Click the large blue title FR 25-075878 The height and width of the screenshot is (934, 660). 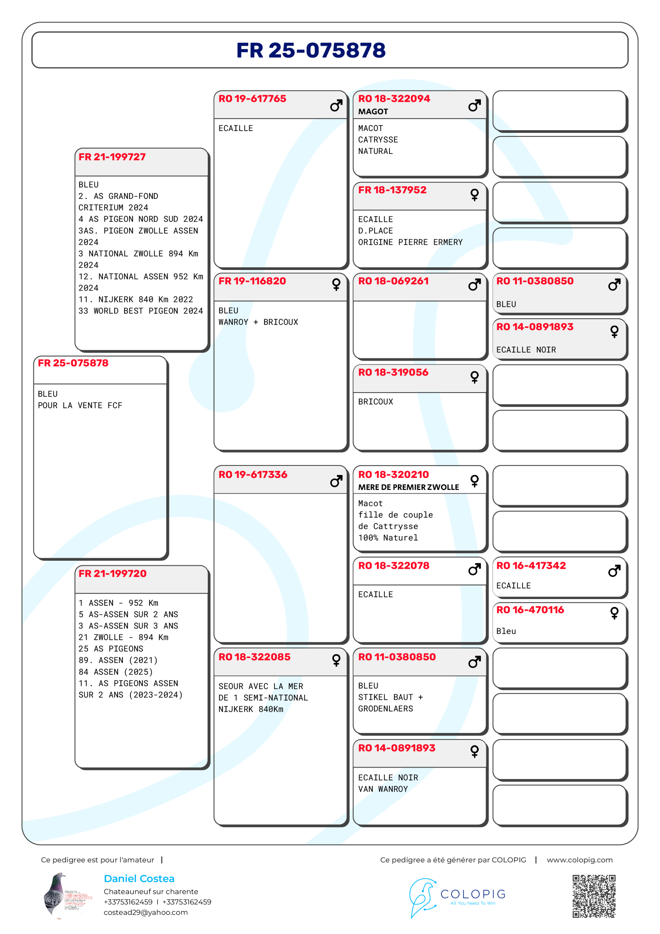(311, 50)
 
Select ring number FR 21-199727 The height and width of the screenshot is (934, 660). (112, 157)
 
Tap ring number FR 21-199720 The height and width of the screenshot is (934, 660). (112, 574)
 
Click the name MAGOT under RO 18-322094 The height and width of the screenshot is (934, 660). (373, 112)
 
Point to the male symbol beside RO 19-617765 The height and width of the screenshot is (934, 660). (336, 106)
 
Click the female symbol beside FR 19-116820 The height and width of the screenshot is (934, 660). (336, 284)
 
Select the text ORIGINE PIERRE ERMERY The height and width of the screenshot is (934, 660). (410, 243)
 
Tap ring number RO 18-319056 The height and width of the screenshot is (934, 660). (393, 372)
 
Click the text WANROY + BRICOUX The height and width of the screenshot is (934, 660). (258, 322)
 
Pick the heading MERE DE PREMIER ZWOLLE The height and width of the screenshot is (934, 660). (408, 487)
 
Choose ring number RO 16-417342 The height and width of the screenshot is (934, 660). (531, 566)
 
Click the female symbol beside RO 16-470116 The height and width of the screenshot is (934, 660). (614, 613)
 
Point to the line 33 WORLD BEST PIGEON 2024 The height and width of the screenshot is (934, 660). (140, 311)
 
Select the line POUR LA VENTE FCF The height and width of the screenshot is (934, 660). (80, 406)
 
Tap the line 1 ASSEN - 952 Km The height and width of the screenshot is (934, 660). (119, 603)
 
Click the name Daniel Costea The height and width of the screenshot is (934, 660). (139, 879)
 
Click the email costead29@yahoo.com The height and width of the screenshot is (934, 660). (145, 912)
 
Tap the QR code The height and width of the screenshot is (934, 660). (594, 896)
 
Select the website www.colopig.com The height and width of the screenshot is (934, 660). (579, 860)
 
